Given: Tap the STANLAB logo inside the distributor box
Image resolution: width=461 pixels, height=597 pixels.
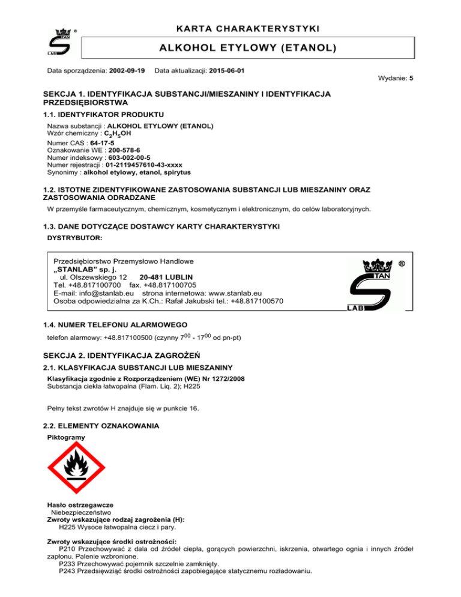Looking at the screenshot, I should [370, 283].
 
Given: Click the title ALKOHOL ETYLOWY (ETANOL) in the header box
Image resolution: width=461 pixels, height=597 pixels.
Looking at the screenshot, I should [247, 47].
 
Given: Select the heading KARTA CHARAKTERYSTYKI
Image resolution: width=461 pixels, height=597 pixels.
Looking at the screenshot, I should [247, 29].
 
